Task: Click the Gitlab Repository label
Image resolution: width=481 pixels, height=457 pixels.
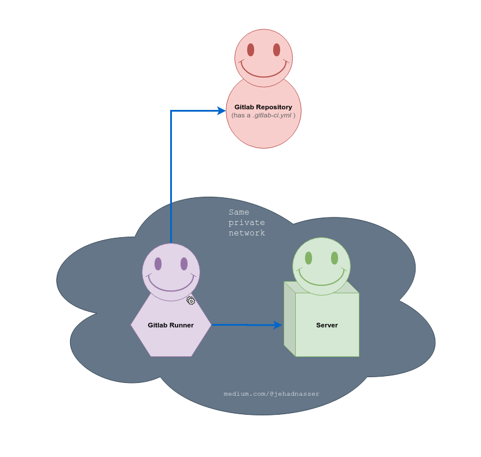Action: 263,107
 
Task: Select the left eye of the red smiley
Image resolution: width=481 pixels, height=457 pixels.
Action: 251,50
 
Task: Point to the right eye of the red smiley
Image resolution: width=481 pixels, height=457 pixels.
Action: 277,50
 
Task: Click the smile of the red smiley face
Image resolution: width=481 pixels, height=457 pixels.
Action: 263,73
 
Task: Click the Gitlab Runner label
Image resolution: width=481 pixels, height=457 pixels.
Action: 171,325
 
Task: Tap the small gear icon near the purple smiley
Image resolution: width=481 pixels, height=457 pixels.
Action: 191,300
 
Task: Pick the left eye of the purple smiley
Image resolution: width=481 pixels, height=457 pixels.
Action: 158,264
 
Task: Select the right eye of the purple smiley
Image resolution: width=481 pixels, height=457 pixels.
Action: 184,264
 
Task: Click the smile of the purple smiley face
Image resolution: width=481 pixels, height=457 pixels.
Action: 171,287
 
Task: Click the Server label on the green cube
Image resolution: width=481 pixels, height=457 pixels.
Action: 327,325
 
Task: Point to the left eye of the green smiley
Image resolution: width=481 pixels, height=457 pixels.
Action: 309,258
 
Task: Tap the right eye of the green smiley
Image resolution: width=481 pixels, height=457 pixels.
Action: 335,258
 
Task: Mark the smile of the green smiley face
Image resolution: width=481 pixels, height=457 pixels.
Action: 321,281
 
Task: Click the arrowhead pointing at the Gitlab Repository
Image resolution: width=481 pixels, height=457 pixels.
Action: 221,110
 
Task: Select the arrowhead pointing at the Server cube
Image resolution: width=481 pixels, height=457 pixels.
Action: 278,325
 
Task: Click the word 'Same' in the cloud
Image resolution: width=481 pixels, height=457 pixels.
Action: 239,212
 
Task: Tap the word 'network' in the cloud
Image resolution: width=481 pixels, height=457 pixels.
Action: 247,233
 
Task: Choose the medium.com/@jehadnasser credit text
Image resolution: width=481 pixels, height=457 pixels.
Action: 271,394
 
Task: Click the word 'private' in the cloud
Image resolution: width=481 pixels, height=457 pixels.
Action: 247,223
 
